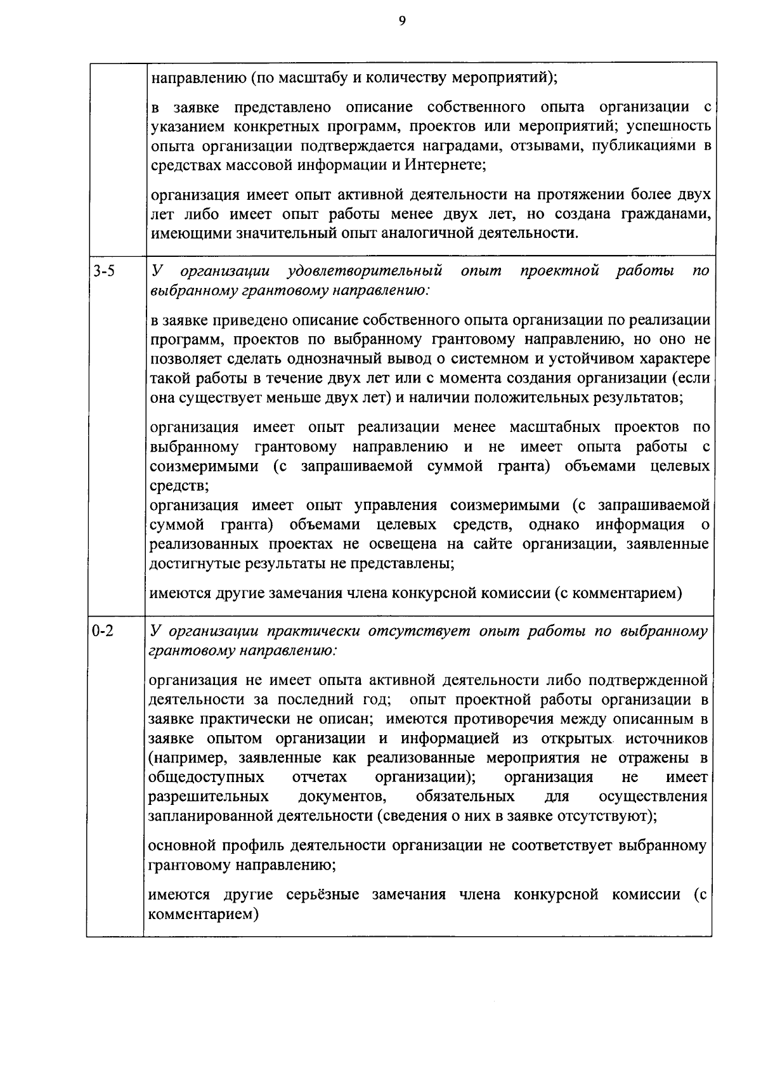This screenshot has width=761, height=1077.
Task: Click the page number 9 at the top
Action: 401,21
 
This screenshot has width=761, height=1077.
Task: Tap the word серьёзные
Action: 322,895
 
